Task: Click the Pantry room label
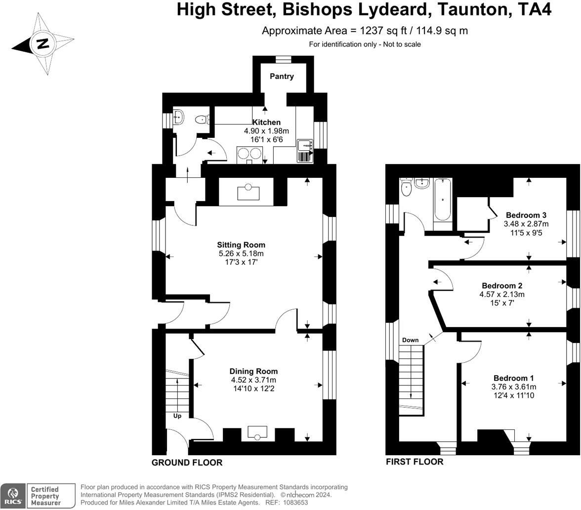[282, 76]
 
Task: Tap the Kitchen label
[266, 123]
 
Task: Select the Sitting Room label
[241, 245]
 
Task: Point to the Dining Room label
[253, 371]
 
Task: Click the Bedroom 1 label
[514, 378]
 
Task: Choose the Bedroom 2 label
[502, 286]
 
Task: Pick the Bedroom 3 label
[526, 215]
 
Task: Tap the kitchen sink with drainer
[305, 151]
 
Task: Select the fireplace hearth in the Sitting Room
[249, 192]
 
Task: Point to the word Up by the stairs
[177, 416]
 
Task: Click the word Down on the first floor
[411, 340]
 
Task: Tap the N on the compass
[43, 43]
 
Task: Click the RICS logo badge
[13, 496]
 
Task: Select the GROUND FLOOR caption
[187, 463]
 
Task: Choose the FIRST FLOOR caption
[415, 462]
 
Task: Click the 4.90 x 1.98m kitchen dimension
[266, 131]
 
